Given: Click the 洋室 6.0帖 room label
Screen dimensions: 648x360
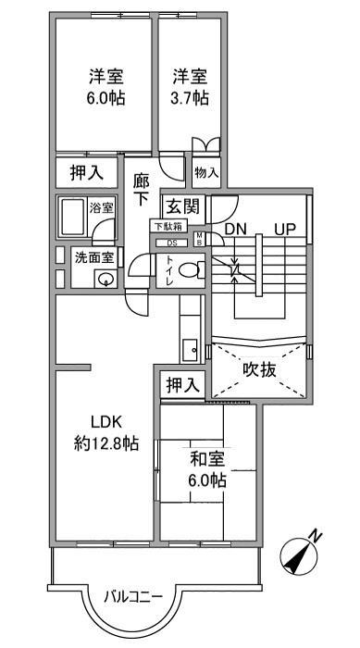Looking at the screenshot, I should pyautogui.click(x=107, y=86).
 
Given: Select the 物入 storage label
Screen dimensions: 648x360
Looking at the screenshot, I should pyautogui.click(x=205, y=172).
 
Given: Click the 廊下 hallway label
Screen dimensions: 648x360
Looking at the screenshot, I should pyautogui.click(x=142, y=189).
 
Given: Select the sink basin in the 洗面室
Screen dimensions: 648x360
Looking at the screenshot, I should pyautogui.click(x=106, y=279).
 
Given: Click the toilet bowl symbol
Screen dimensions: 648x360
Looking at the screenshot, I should pyautogui.click(x=191, y=271).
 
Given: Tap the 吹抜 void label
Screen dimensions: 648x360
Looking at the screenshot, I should pyautogui.click(x=260, y=370).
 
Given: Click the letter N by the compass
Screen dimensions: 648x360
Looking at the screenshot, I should pyautogui.click(x=316, y=535).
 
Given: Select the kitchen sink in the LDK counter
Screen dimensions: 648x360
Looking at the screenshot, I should pyautogui.click(x=189, y=350).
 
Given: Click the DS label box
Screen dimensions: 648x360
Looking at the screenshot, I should pyautogui.click(x=171, y=243).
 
